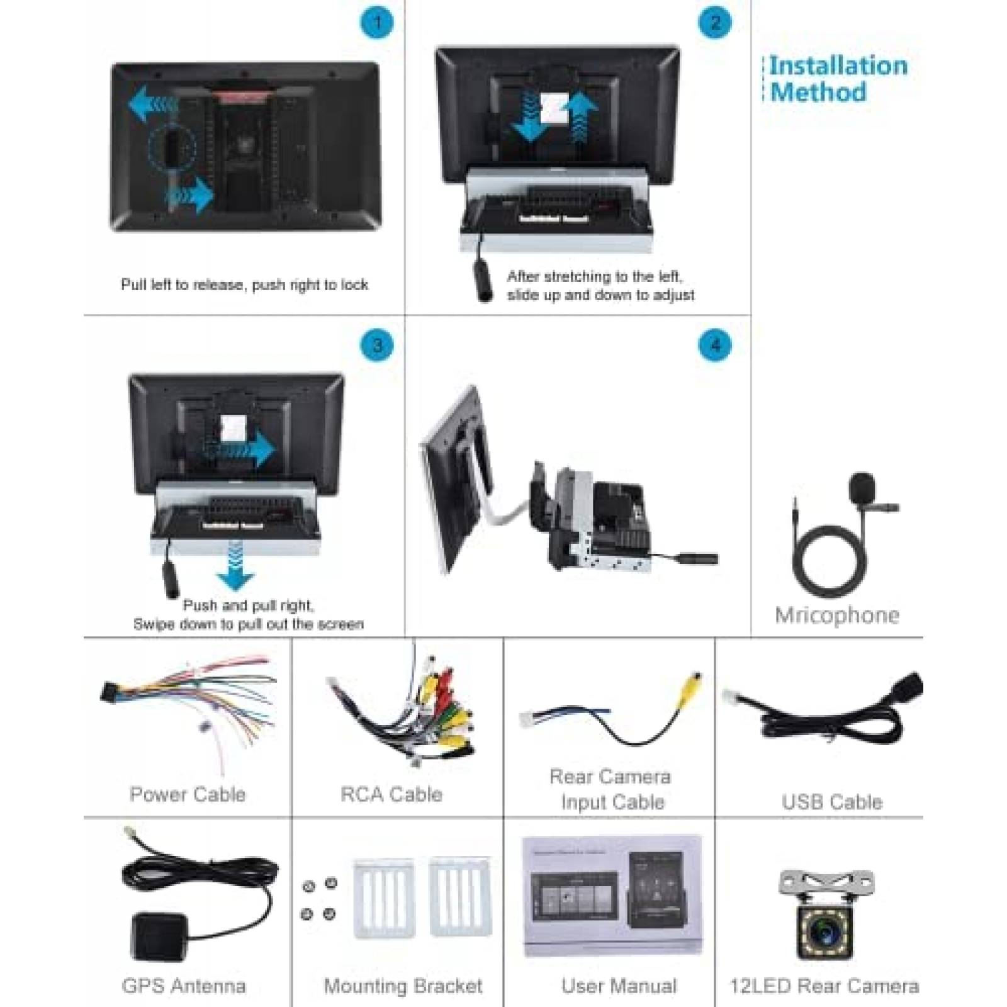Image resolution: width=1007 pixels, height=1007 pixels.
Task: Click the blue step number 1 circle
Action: (x=376, y=23)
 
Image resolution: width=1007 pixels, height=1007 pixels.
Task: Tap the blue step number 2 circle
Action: (x=714, y=23)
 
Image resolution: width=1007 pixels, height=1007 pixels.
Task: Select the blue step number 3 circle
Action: (x=376, y=345)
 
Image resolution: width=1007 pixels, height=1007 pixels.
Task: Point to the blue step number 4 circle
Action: (x=714, y=345)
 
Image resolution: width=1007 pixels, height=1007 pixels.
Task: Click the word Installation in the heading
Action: (x=838, y=66)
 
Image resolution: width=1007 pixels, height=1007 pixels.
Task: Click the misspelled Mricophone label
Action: (x=836, y=615)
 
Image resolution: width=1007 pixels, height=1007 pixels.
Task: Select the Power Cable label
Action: (x=188, y=794)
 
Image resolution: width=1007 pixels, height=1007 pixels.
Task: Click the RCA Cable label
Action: (x=391, y=794)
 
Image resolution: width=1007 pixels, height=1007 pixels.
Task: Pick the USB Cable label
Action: (x=831, y=802)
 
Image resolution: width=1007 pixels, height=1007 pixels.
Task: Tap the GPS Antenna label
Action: (x=184, y=986)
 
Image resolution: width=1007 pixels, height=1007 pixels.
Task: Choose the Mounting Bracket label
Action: (x=403, y=986)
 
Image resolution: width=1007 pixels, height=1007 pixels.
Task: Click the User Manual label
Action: (x=619, y=986)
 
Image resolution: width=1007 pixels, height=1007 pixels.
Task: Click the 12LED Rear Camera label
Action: (x=824, y=986)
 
